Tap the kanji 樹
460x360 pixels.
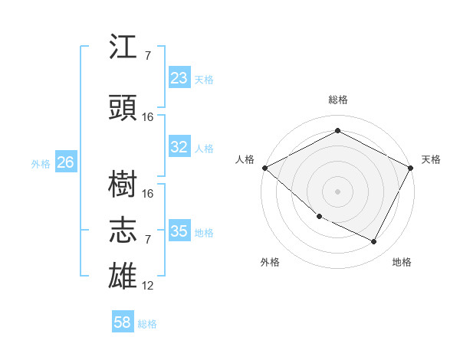click(x=124, y=184)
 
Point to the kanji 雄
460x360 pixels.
click(x=124, y=276)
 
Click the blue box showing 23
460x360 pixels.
click(x=179, y=78)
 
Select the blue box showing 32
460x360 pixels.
click(x=179, y=148)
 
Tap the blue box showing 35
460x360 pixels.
click(x=179, y=231)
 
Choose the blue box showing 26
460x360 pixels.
click(x=65, y=162)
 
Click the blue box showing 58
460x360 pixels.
click(x=123, y=323)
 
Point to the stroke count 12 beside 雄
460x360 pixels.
click(x=148, y=286)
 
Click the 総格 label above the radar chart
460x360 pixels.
click(x=337, y=100)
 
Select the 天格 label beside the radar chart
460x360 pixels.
click(x=431, y=159)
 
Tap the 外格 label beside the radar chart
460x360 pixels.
click(x=270, y=262)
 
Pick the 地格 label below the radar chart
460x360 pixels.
click(x=402, y=262)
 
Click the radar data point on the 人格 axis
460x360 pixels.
click(x=264, y=167)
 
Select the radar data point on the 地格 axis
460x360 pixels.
click(x=374, y=242)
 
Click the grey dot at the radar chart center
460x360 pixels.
click(x=337, y=191)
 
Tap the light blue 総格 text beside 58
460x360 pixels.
click(x=147, y=324)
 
